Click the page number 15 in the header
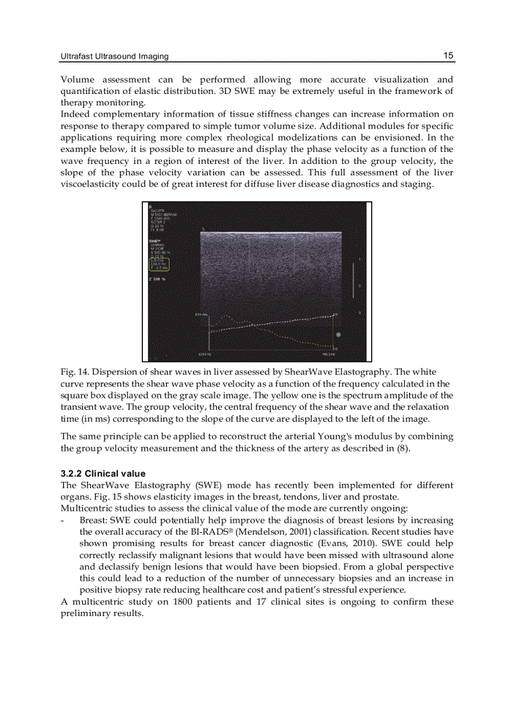point(448,56)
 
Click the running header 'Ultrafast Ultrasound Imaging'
point(114,57)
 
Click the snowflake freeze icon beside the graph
point(338,334)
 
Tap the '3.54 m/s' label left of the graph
point(200,315)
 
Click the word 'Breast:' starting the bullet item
point(93,520)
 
